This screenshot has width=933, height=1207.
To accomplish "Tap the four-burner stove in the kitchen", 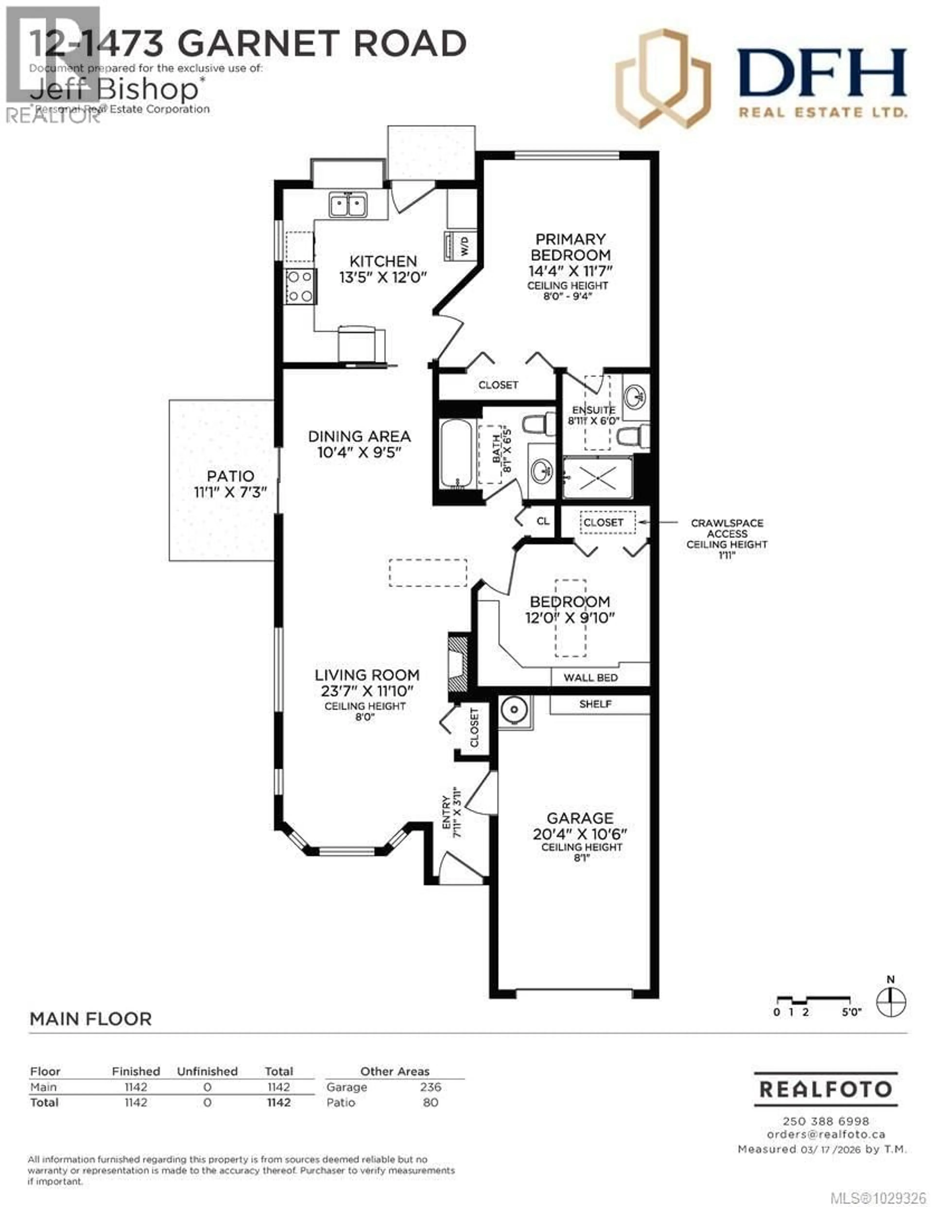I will pos(300,286).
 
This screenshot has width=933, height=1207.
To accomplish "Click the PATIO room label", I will pos(231,476).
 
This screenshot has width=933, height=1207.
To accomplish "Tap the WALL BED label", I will pos(590,677).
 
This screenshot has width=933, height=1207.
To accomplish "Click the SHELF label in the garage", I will pos(595,704).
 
